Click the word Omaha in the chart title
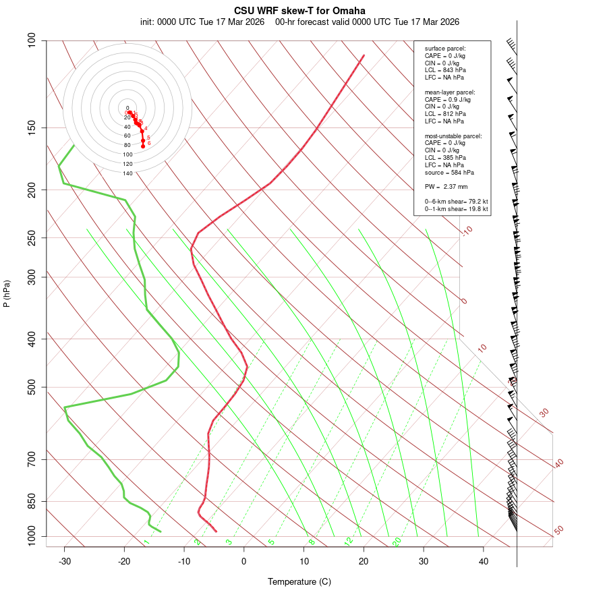click(x=349, y=11)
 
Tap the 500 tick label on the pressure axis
click(x=32, y=387)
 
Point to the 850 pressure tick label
click(x=32, y=502)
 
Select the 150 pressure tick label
click(x=32, y=127)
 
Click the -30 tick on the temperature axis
click(x=65, y=560)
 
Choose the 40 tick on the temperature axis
click(x=484, y=560)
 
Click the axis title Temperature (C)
click(x=299, y=581)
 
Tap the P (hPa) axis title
click(x=7, y=294)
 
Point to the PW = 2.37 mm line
click(x=446, y=187)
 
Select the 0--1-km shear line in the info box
click(x=456, y=209)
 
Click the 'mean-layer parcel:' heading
click(x=450, y=92)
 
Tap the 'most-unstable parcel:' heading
click(x=453, y=136)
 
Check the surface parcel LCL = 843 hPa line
click(x=445, y=70)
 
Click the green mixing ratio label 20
click(x=397, y=542)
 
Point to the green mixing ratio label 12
click(x=349, y=542)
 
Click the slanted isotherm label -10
click(x=467, y=231)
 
